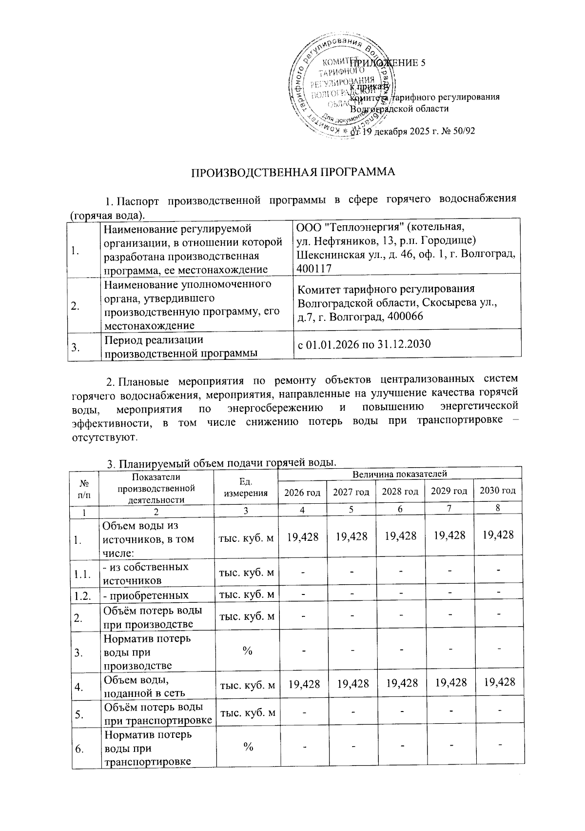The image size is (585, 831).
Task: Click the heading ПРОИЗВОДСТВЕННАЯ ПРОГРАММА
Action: point(292,173)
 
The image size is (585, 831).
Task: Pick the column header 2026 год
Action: point(302,492)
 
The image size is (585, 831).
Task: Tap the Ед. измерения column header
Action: point(246,487)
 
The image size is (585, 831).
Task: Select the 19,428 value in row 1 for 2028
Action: point(400,536)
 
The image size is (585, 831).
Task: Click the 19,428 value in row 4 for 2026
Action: point(303,682)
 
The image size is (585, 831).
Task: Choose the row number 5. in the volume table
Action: point(78,714)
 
